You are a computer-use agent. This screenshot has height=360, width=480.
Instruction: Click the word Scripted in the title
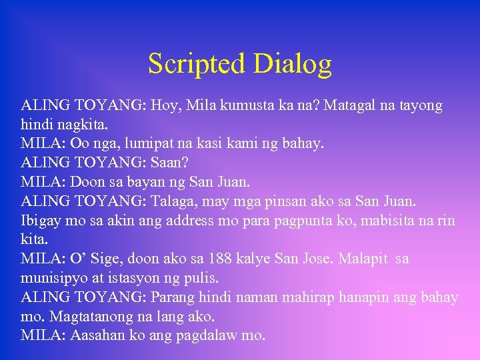(x=197, y=64)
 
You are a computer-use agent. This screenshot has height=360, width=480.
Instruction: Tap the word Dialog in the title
(x=293, y=64)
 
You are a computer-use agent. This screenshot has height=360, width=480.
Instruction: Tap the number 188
(x=220, y=258)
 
